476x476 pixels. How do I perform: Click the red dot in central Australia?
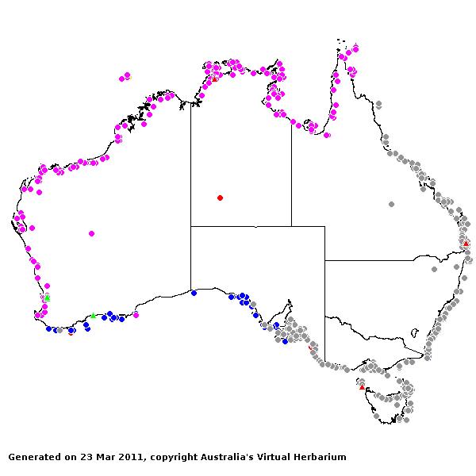pos(220,198)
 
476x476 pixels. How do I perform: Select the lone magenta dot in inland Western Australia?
pos(91,233)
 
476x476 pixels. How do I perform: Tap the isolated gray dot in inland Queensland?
pos(391,204)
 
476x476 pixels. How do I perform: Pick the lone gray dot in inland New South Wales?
pos(434,269)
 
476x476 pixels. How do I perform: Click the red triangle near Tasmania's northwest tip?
pos(362,387)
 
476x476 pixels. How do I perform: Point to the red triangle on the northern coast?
pos(214,79)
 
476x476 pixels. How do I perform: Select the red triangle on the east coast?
pos(466,244)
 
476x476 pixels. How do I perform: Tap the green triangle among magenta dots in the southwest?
pos(47,297)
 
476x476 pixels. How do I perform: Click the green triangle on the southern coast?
pos(93,315)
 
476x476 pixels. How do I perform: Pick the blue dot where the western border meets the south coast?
pos(194,293)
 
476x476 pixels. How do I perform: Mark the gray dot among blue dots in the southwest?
pos(59,330)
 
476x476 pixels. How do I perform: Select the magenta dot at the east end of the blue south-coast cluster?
pos(136,315)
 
